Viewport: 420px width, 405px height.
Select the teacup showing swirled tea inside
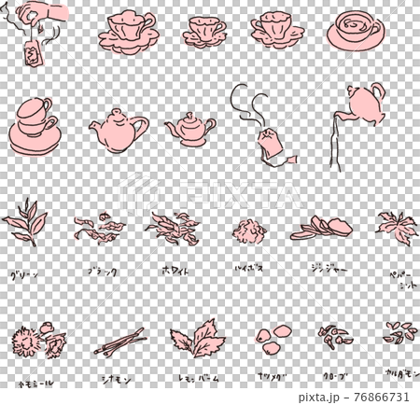pos(354,31)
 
